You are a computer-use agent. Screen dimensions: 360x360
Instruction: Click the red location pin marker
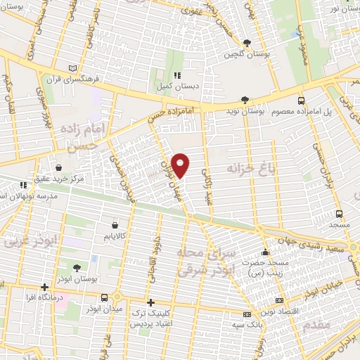(181, 165)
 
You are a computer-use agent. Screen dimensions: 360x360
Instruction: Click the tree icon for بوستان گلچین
(245, 43)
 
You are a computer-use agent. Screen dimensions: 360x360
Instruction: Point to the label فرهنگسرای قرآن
(69, 77)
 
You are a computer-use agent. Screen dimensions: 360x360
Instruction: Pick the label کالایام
(113, 238)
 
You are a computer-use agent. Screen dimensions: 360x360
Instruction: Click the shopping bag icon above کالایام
(114, 226)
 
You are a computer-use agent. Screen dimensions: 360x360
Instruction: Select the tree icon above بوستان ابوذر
(77, 267)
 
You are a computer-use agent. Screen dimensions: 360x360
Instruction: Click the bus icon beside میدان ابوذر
(105, 297)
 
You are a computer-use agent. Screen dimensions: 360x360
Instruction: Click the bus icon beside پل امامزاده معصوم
(301, 101)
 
